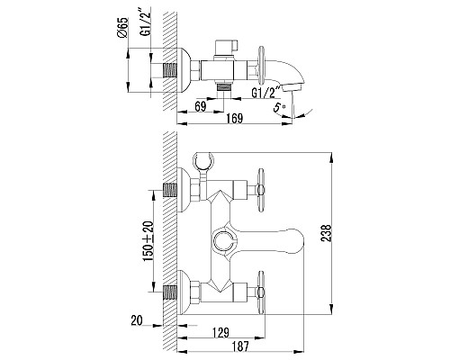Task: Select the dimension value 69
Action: tap(202, 107)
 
